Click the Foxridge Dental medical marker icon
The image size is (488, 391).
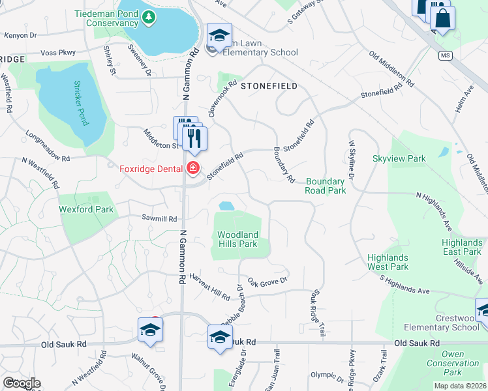coord(192,168)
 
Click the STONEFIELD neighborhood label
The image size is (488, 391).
coord(269,86)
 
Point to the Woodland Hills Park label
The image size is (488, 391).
coord(237,239)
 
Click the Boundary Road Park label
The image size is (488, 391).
coord(325,186)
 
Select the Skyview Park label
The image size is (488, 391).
coord(399,158)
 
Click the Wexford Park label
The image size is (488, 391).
coord(86,209)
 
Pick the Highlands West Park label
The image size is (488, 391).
coord(388,262)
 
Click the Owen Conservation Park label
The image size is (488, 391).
coord(462,363)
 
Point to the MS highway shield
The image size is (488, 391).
coord(446,55)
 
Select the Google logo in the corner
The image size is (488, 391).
coord(22,383)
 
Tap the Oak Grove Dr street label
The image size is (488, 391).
coord(267,280)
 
